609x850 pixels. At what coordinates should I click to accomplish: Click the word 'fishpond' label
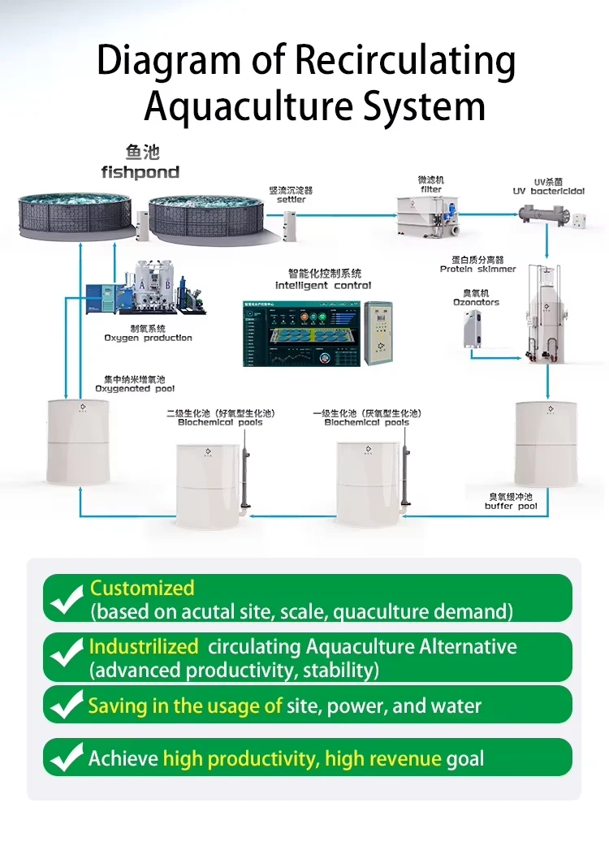pos(140,172)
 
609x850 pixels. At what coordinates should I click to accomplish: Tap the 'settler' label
pos(291,200)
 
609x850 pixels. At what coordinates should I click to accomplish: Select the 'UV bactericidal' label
pos(548,192)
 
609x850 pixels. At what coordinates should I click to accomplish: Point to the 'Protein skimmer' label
pos(477,269)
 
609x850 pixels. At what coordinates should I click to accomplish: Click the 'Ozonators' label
pos(476,303)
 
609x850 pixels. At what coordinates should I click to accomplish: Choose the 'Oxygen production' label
pos(148,338)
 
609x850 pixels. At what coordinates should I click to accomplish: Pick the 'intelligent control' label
pos(323,285)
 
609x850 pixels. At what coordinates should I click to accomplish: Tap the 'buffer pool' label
pos(511,507)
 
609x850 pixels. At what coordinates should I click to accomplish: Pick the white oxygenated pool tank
pos(78,442)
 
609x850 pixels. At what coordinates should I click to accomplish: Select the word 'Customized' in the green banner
pos(142,588)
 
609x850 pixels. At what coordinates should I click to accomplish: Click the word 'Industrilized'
pos(143,647)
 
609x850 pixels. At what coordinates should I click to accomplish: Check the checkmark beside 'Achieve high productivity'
pos(66,758)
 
